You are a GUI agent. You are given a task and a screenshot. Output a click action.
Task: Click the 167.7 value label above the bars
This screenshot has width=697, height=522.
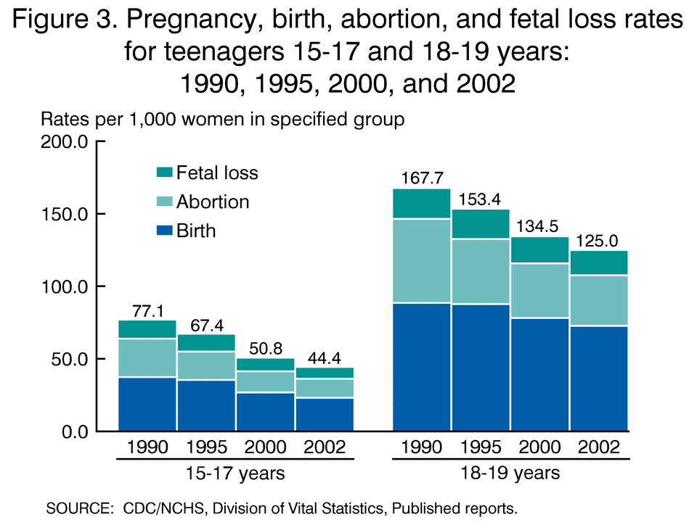coord(421,178)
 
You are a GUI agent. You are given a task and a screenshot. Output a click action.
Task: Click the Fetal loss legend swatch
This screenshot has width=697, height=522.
coord(164,173)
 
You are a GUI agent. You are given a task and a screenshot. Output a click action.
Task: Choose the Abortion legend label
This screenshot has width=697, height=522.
coord(213,202)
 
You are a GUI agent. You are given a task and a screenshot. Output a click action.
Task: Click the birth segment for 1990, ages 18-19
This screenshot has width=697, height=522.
coord(421,367)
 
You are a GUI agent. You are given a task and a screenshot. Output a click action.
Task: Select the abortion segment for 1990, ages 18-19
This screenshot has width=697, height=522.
coord(421,260)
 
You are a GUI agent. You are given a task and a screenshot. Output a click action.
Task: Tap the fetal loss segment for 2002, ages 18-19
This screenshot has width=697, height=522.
coord(598,262)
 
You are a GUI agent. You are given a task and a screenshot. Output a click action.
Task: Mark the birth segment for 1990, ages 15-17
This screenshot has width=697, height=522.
coord(147,404)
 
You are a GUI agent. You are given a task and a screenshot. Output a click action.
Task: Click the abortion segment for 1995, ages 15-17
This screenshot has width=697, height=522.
coord(206,365)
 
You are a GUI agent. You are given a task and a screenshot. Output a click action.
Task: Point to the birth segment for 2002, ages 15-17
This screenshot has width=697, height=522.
coord(323,414)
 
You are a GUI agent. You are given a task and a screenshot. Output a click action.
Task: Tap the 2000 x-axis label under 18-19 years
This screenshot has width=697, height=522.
coord(539,447)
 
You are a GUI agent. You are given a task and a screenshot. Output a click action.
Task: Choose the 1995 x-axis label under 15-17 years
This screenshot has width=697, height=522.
coord(206,447)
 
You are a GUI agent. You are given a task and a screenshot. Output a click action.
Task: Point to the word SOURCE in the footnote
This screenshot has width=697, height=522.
coord(77,507)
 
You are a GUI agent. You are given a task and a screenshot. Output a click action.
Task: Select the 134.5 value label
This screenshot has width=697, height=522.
coord(539,226)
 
